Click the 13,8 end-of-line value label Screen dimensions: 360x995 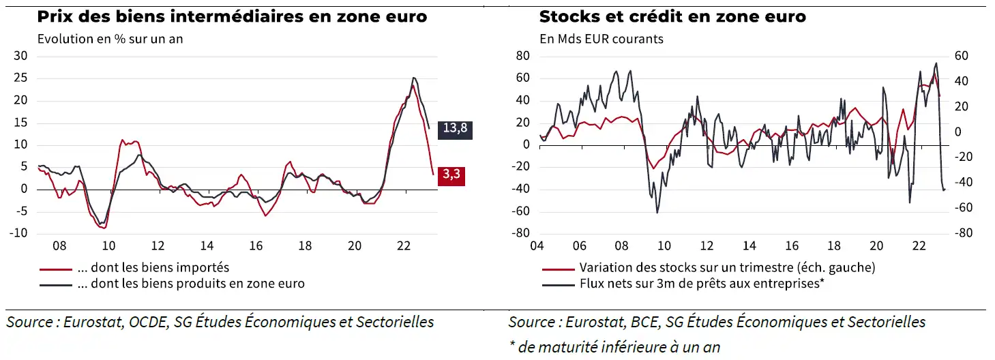(455, 129)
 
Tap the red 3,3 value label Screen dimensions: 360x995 (451, 175)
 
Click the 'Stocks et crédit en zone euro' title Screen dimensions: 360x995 (672, 16)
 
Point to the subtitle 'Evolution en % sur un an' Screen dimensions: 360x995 (110, 39)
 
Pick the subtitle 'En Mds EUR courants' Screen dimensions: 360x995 (601, 39)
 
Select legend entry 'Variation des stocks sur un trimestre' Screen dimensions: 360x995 (726, 267)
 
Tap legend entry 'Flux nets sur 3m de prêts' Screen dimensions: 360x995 (702, 284)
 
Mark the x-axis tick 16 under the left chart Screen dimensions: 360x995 (255, 246)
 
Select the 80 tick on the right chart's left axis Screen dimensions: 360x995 (522, 57)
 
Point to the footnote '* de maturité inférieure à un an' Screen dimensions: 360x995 (614, 346)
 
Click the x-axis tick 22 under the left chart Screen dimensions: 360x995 (402, 246)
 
